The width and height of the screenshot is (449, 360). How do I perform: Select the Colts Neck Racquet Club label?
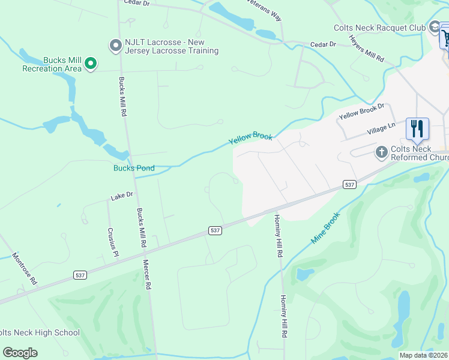click(x=379, y=28)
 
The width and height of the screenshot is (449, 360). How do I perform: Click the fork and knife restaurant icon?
click(x=417, y=128)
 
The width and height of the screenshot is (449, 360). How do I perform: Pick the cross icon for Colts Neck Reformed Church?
click(x=381, y=152)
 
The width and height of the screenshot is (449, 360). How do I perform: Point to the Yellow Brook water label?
click(x=250, y=139)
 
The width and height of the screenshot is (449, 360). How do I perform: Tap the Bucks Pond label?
click(x=134, y=168)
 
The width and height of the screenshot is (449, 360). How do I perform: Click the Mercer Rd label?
click(x=145, y=274)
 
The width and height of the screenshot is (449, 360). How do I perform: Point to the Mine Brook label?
click(x=325, y=227)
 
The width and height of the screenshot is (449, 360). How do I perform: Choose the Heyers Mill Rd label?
click(x=366, y=47)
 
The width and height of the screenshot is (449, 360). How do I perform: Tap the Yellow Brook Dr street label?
click(x=361, y=110)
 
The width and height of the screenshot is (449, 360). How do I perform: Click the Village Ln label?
click(x=381, y=129)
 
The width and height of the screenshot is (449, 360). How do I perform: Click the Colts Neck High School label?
click(x=40, y=332)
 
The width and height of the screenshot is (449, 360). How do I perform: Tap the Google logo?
click(x=20, y=353)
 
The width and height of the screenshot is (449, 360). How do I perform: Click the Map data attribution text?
click(x=423, y=355)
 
